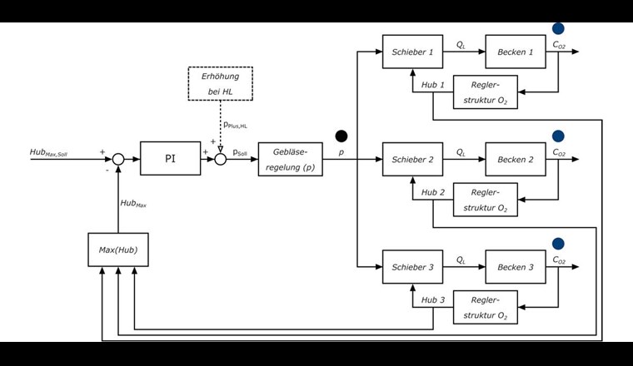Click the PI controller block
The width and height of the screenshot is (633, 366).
pyautogui.click(x=171, y=158)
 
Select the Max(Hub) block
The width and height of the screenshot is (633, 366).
pyautogui.click(x=117, y=250)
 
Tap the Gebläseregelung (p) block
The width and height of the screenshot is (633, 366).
pyautogui.click(x=291, y=158)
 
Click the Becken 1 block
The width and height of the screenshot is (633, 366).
pyautogui.click(x=516, y=52)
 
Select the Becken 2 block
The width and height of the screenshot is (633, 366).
pyautogui.click(x=516, y=159)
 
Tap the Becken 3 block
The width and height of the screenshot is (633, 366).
pyautogui.click(x=516, y=266)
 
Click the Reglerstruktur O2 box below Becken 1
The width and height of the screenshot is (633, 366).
pyautogui.click(x=485, y=91)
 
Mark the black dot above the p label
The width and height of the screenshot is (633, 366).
pyautogui.click(x=341, y=136)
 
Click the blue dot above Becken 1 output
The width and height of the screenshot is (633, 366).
pyautogui.click(x=558, y=29)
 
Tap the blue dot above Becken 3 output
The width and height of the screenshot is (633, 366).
pyautogui.click(x=558, y=244)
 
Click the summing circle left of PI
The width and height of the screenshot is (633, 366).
pyautogui.click(x=118, y=158)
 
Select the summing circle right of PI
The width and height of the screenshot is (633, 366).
pyautogui.click(x=221, y=158)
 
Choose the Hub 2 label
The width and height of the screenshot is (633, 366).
pyautogui.click(x=432, y=191)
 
